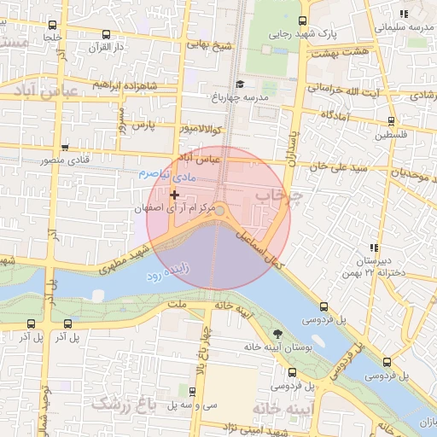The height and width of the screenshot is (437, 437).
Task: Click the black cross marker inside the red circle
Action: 175,195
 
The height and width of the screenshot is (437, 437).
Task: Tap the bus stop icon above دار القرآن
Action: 106,35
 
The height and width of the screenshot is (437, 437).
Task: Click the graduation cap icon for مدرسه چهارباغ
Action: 241,84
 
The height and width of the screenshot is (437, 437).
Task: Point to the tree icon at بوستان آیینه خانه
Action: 277,334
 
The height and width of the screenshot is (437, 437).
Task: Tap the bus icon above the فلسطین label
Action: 390,121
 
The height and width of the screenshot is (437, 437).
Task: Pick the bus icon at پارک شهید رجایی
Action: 301,21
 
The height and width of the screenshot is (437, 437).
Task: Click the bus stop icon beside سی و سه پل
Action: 191,392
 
